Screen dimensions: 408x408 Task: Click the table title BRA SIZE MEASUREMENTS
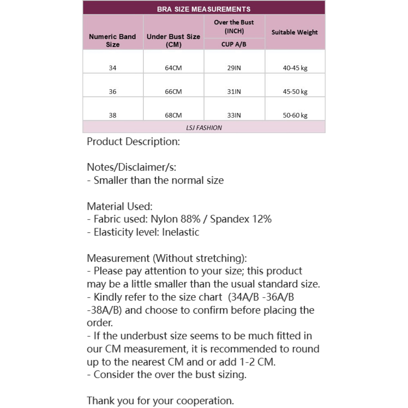tap(204, 9)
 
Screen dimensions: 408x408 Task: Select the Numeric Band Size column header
tap(112, 40)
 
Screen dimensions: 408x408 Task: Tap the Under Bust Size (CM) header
tap(173, 40)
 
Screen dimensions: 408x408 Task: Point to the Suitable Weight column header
tap(294, 32)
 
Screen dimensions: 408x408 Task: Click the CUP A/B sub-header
tap(234, 44)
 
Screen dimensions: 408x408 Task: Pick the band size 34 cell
tap(112, 68)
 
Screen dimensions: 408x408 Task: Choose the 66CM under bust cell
tap(173, 92)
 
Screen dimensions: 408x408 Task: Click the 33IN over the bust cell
tap(234, 116)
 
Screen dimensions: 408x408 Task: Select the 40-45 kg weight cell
tap(295, 68)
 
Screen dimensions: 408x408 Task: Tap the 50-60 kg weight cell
tap(295, 116)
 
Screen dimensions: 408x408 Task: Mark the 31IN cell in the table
tap(234, 92)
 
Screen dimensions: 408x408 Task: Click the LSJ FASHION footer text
tap(204, 127)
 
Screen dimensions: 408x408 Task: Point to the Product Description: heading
tap(133, 142)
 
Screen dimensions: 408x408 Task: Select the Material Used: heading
tap(120, 206)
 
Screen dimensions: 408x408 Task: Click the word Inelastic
tap(180, 232)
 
